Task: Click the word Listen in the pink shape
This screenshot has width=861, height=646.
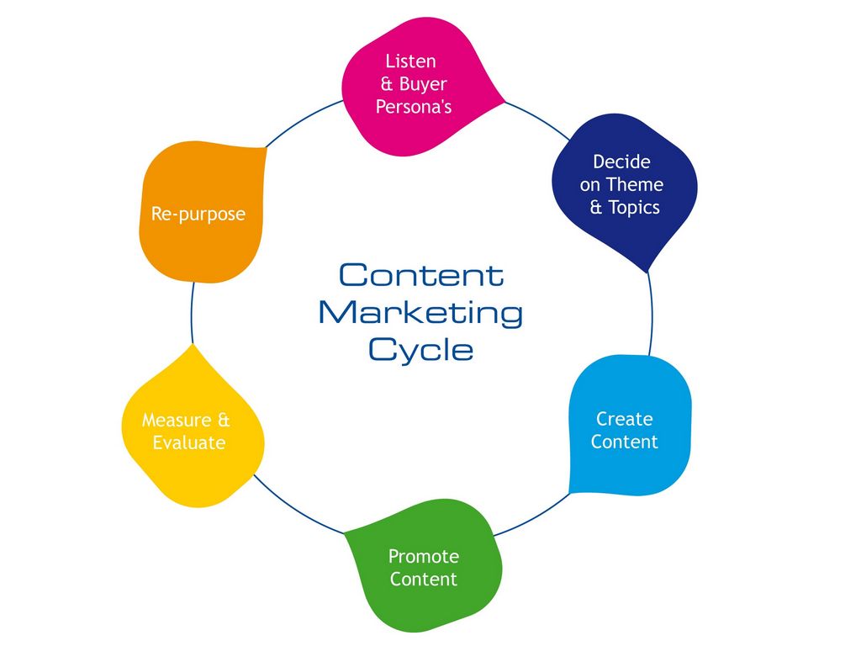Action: point(410,61)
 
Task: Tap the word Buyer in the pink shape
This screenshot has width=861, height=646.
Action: point(423,84)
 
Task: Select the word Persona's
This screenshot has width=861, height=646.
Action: point(414,107)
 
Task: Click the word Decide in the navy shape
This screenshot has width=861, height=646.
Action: point(621,161)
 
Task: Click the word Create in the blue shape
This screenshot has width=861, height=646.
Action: point(624,419)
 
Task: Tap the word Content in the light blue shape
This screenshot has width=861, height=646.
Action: point(624,442)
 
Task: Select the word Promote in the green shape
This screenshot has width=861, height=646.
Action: point(424,556)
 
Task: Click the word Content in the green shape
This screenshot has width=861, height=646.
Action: point(424,579)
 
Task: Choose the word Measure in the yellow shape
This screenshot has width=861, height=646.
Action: point(174,420)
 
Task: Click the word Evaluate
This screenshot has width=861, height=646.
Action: point(189,442)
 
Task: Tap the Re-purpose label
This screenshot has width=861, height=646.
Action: point(198,214)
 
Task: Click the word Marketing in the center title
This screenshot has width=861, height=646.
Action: point(420,313)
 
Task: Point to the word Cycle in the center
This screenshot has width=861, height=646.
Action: point(420,349)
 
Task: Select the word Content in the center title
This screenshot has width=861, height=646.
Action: point(421,275)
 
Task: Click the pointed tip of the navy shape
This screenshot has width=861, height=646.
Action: point(647,272)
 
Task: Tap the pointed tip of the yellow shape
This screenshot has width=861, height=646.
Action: point(193,345)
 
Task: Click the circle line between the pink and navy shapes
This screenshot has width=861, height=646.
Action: point(538,117)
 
